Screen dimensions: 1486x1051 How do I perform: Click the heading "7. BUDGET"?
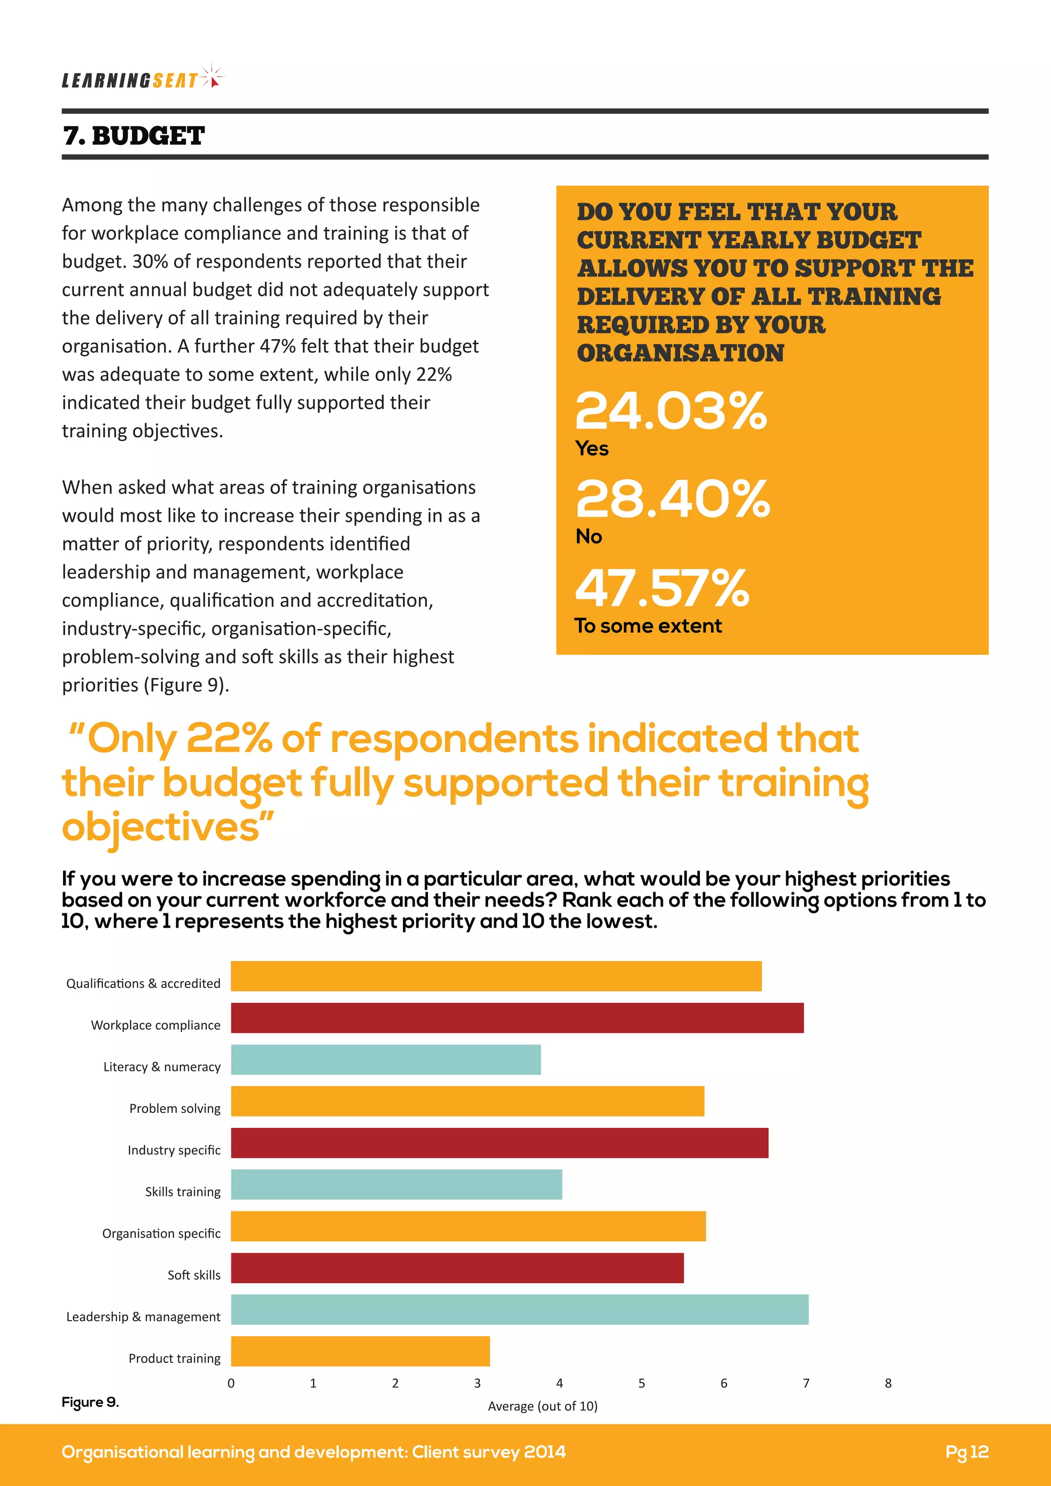[133, 136]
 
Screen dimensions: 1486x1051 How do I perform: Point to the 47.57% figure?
[661, 589]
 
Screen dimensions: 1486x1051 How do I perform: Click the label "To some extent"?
[648, 626]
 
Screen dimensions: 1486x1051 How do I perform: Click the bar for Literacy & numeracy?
[386, 1060]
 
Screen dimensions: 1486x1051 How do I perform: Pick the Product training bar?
[360, 1352]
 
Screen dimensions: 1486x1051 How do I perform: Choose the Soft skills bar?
[457, 1268]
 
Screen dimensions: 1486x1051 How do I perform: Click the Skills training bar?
[396, 1184]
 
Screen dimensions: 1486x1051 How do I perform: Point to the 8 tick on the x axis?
[888, 1383]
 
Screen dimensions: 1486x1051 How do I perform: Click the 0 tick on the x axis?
[231, 1383]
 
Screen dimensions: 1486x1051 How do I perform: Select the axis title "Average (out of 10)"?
[542, 1406]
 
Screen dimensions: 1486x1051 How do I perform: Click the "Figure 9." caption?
[90, 1402]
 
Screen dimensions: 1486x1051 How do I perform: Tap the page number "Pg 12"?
[966, 1452]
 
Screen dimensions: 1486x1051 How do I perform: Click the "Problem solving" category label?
[174, 1108]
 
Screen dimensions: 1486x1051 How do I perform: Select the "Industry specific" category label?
[173, 1150]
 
